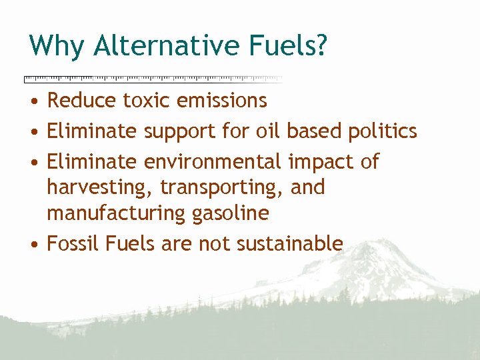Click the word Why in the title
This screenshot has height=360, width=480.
click(x=57, y=45)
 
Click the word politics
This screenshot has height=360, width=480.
click(x=383, y=131)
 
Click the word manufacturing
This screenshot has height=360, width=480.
click(x=111, y=213)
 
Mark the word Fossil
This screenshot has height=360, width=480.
click(x=71, y=244)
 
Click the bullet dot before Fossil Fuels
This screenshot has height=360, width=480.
click(x=33, y=245)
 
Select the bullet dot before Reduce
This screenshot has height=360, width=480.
click(x=33, y=101)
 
